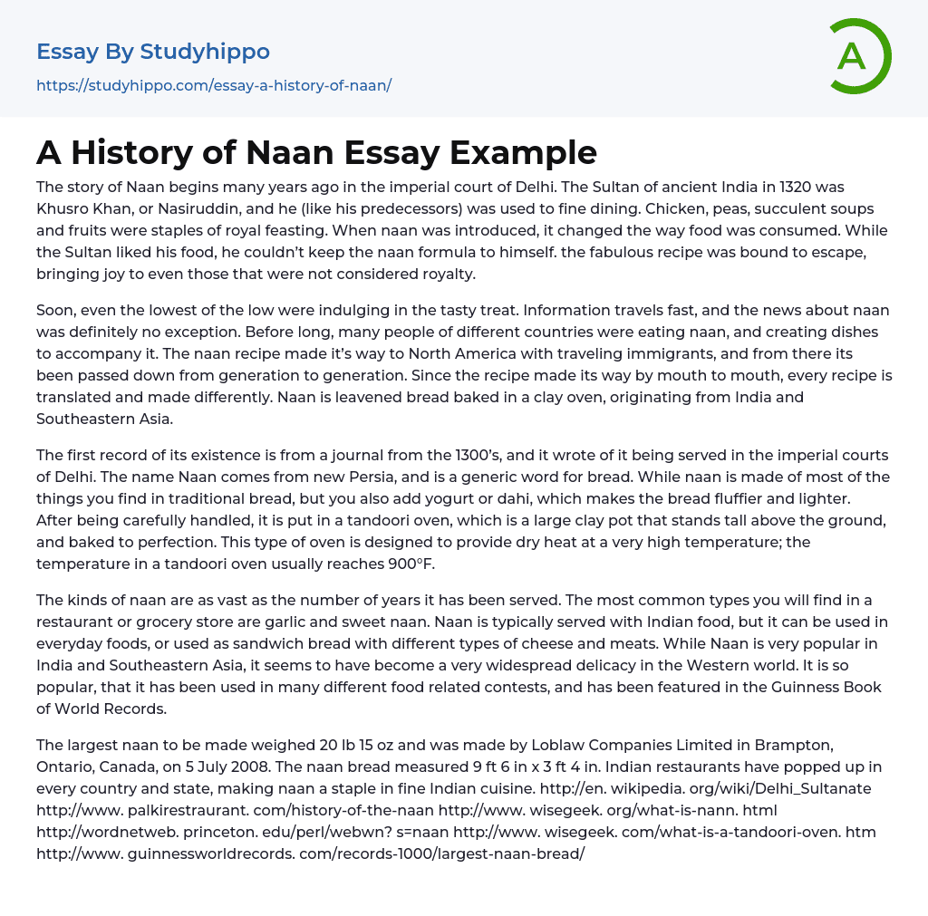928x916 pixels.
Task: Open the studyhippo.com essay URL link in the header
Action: point(214,86)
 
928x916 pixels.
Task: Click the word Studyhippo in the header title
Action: point(205,52)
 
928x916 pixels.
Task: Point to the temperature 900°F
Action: point(396,564)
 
